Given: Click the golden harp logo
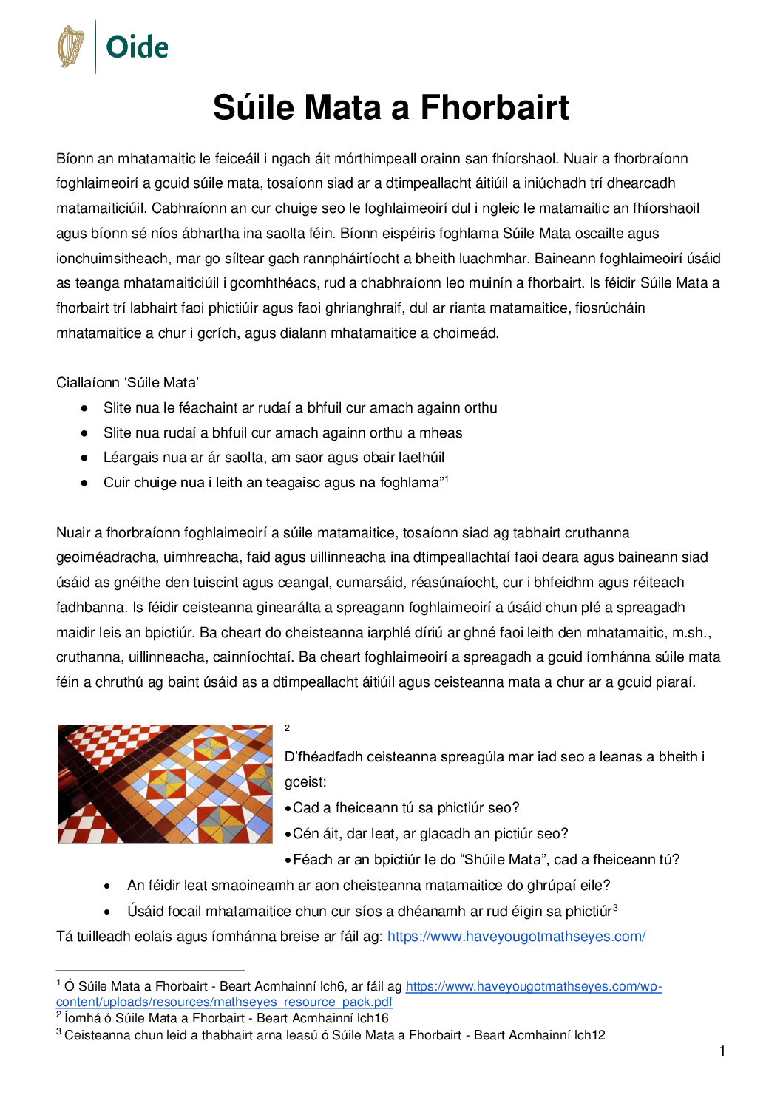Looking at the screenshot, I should click(x=71, y=47).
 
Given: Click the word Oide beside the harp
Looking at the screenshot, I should click(x=137, y=47).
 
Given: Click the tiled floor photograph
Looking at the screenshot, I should click(x=165, y=784).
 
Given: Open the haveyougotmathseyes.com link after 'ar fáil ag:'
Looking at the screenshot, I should click(x=516, y=937).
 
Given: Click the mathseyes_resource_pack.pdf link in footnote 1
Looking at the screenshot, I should click(x=224, y=1002).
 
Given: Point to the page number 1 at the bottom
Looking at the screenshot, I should click(x=722, y=1051).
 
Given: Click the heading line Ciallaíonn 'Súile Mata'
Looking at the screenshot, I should click(x=127, y=383).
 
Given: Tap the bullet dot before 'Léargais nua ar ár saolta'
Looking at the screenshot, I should click(x=85, y=458).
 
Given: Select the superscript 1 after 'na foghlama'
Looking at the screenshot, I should click(x=446, y=479).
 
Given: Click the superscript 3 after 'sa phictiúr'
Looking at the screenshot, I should click(x=615, y=908).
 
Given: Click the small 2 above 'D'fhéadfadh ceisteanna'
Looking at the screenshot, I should click(x=287, y=728).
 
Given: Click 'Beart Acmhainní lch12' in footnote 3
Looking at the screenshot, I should click(x=539, y=1035).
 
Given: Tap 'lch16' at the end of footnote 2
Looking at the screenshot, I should click(x=373, y=1019).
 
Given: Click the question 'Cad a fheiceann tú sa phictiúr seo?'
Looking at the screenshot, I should click(x=406, y=808).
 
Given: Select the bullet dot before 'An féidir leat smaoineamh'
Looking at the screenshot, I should click(x=108, y=886).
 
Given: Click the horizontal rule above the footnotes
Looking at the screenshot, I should click(x=150, y=970).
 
